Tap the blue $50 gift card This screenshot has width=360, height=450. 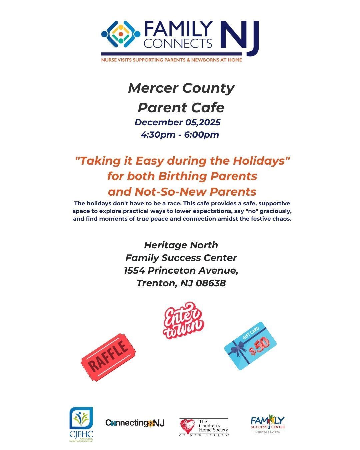[x=250, y=346]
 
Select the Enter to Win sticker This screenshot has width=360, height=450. [x=183, y=320]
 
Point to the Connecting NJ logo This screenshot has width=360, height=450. [x=135, y=423]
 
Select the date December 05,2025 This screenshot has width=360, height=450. [x=177, y=122]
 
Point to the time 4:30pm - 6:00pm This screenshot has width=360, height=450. [x=180, y=135]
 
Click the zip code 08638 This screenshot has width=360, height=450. [x=211, y=283]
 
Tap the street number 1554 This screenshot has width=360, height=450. [x=135, y=270]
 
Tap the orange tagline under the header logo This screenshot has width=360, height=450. [x=172, y=60]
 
